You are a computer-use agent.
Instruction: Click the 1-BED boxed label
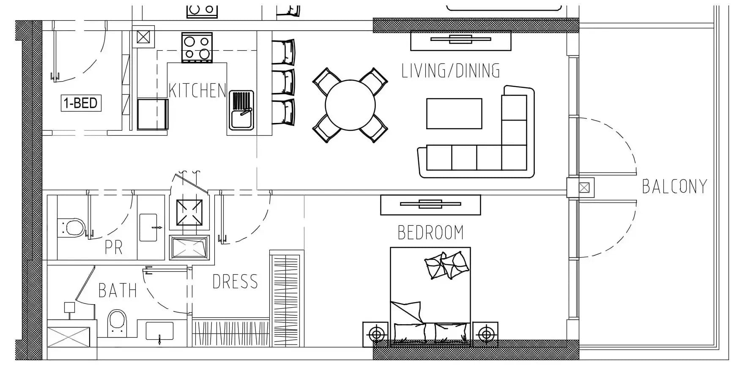click(81, 103)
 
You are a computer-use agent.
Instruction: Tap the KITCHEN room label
click(197, 90)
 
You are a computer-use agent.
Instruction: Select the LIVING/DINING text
click(451, 71)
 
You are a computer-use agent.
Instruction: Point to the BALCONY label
click(674, 186)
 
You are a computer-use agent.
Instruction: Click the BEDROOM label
click(430, 232)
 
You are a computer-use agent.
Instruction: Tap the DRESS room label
click(235, 281)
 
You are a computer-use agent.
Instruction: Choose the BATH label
click(118, 290)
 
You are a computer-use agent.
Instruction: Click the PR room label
click(114, 248)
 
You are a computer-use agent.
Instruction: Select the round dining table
click(350, 105)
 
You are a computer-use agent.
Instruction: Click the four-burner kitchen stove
click(197, 48)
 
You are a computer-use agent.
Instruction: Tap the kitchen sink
click(241, 110)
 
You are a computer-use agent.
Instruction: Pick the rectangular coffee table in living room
click(454, 113)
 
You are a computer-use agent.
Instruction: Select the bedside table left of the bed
click(375, 334)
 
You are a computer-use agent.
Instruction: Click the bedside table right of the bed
click(485, 334)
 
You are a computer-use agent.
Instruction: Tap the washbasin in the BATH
click(159, 331)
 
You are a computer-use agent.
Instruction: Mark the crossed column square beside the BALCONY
click(584, 187)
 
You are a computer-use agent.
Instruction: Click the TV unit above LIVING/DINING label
click(460, 41)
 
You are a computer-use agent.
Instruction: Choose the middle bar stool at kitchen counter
click(283, 82)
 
